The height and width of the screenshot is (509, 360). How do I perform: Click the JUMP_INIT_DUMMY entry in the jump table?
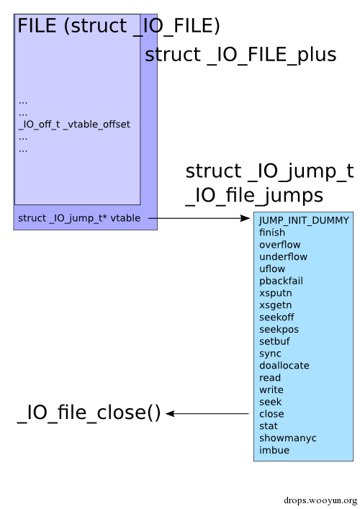pyautogui.click(x=304, y=220)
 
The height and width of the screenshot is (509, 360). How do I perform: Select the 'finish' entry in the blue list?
pyautogui.click(x=272, y=233)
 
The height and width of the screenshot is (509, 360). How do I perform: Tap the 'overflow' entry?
pyautogui.click(x=280, y=245)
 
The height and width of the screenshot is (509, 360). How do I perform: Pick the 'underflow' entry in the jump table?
pyautogui.click(x=283, y=257)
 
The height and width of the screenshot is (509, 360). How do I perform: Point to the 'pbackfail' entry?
pyautogui.click(x=281, y=281)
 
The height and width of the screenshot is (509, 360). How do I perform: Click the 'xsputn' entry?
pyautogui.click(x=276, y=293)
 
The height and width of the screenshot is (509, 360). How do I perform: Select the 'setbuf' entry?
pyautogui.click(x=274, y=341)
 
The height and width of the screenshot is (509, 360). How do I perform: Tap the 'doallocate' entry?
pyautogui.click(x=284, y=366)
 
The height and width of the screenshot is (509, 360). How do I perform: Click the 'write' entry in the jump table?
pyautogui.click(x=271, y=389)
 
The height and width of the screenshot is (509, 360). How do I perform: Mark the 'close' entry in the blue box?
pyautogui.click(x=271, y=414)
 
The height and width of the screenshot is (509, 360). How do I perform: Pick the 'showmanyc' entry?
pyautogui.click(x=287, y=438)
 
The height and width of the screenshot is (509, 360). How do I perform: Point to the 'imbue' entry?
pyautogui.click(x=274, y=450)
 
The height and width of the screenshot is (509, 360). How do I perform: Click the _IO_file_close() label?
pyautogui.click(x=89, y=413)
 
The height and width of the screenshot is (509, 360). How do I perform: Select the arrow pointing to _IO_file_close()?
pyautogui.click(x=207, y=413)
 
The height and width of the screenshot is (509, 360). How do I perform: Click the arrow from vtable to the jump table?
pyautogui.click(x=199, y=218)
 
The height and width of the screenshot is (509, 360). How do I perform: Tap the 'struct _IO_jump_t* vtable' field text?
pyautogui.click(x=79, y=218)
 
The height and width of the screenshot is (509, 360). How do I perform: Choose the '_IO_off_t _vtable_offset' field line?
pyautogui.click(x=74, y=125)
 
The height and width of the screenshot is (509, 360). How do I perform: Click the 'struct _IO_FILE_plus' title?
pyautogui.click(x=240, y=55)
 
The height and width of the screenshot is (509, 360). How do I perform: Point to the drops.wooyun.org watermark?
pyautogui.click(x=320, y=500)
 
